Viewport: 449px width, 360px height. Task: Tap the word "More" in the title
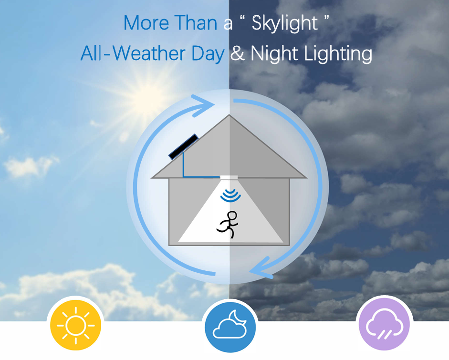coord(146,22)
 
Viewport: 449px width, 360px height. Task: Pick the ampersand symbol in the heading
coord(238,53)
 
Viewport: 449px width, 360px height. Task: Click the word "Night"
coord(274,54)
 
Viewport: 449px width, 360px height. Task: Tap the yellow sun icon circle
coord(75,325)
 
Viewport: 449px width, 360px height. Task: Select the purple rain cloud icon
coord(384,325)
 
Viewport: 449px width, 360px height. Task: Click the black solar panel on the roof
coord(183,146)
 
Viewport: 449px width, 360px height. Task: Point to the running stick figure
coord(228,225)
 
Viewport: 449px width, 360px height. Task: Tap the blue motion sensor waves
coord(230,195)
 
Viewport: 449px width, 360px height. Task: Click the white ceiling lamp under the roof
coord(229,177)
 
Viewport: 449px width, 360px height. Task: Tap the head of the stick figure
coord(232,216)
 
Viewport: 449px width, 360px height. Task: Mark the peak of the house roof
coord(229,115)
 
